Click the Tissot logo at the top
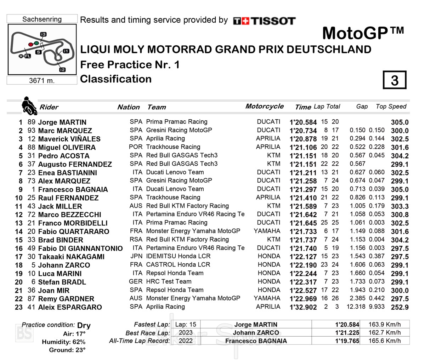click(264, 21)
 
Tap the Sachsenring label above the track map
click(42, 19)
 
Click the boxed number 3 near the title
click(395, 80)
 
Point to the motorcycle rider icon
click(29, 106)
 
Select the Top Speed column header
click(391, 107)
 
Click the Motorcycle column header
click(264, 106)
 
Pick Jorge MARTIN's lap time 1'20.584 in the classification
click(303, 122)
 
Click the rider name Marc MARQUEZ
click(65, 131)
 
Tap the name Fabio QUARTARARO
click(74, 232)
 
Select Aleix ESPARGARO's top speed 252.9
click(399, 307)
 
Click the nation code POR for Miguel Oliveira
click(136, 147)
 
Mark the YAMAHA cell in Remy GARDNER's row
click(267, 298)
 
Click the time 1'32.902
click(303, 307)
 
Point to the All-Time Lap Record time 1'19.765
click(347, 341)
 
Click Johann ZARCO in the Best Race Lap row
click(256, 333)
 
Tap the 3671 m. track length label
click(42, 81)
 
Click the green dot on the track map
click(36, 43)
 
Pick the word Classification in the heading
click(116, 79)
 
